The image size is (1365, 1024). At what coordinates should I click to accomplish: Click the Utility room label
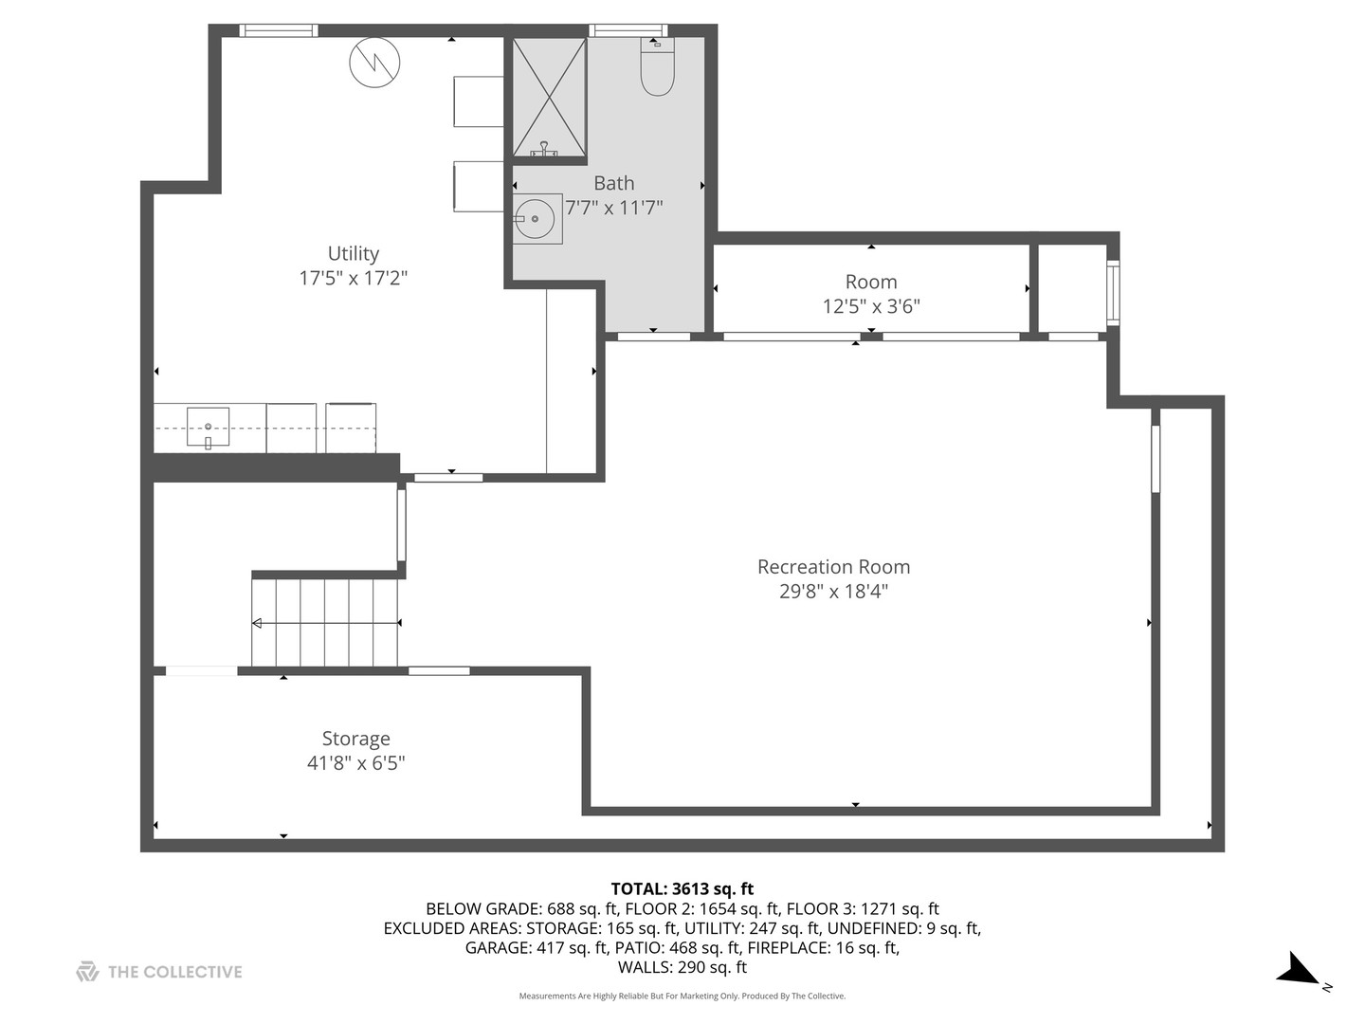[x=354, y=254]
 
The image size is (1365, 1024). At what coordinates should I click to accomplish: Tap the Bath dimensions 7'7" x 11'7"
[x=614, y=208]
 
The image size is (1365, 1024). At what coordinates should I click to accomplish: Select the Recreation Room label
[x=833, y=567]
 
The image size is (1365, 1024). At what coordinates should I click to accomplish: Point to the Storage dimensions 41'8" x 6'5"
[x=355, y=763]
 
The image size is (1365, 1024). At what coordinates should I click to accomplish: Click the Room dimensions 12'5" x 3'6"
[x=871, y=306]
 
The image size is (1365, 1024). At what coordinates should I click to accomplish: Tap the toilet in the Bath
[x=657, y=66]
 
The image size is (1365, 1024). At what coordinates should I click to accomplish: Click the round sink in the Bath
[x=535, y=218]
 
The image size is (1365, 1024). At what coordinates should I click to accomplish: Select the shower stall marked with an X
[x=549, y=97]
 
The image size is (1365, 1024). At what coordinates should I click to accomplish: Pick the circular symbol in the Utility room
[x=374, y=63]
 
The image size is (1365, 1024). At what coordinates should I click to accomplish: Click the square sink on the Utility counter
[x=208, y=427]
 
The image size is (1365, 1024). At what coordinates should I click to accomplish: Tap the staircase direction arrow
[x=326, y=623]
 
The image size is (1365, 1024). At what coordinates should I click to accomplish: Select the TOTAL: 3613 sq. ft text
[x=682, y=889]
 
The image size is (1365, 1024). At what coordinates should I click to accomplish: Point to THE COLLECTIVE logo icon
[x=87, y=972]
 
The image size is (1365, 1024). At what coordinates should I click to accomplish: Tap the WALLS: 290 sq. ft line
[x=682, y=967]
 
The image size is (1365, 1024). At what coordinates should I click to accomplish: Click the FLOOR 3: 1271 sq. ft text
[x=863, y=909]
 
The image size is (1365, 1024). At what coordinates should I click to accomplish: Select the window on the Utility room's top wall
[x=279, y=30]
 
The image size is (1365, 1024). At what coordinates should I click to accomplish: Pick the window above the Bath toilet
[x=628, y=30]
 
